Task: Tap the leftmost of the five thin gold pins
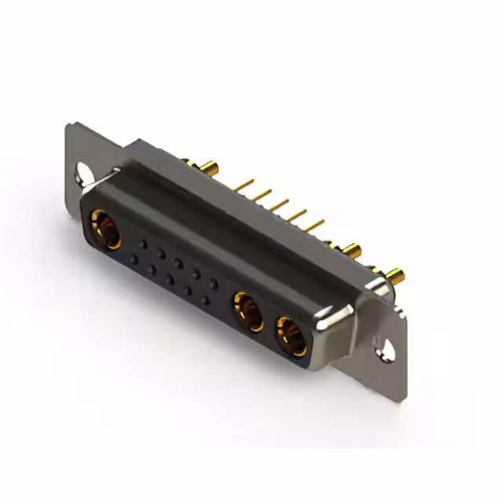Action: coord(245,185)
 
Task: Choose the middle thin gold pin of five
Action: coord(280,206)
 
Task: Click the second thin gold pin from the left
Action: coord(263,196)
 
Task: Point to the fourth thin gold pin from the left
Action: coord(297,216)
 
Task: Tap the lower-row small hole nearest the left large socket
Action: coord(134,258)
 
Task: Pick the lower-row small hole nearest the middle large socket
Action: coord(205,299)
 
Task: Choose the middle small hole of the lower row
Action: coord(169,278)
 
